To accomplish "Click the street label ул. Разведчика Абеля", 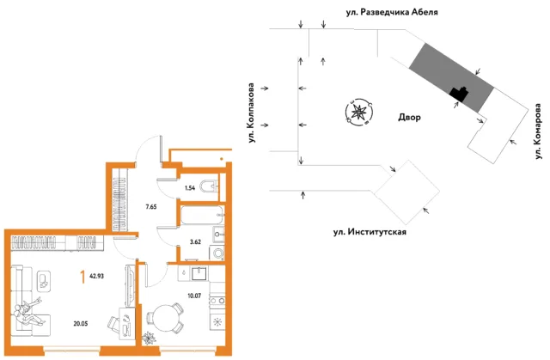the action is click(392, 12).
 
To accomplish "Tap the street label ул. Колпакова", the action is click(251, 113).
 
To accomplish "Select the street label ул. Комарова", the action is click(539, 131).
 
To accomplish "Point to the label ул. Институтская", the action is click(370, 232).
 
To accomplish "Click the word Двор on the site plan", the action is click(409, 117).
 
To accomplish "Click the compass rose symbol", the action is click(358, 113).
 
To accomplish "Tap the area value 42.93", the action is click(96, 276).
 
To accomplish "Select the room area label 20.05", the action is click(80, 324).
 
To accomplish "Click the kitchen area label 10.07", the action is click(194, 296).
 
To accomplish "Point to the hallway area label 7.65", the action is click(151, 207).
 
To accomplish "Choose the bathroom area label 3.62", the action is click(195, 241).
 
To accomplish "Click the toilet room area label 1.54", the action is click(190, 188).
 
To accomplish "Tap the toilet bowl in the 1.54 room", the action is click(209, 186).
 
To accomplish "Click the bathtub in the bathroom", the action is click(202, 216).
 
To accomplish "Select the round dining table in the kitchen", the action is click(163, 318).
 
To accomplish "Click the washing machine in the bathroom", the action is click(217, 253).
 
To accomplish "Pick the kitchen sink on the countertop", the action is click(199, 273).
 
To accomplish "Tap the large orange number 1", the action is click(82, 277).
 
